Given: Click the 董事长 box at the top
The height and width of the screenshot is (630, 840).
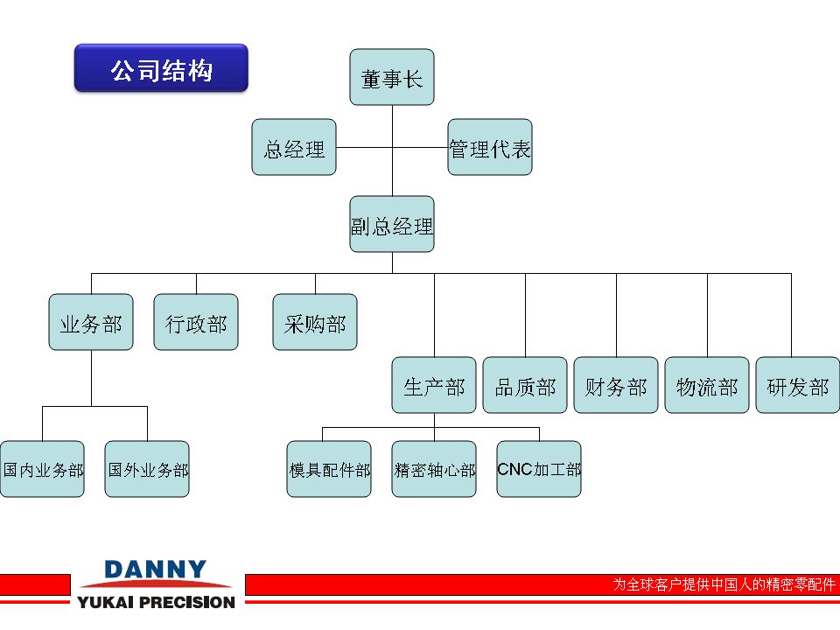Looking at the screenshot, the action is coord(392,77).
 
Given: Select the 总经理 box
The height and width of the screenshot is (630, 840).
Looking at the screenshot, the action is coord(294,147).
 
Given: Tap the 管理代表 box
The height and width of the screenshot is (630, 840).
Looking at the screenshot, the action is coord(490,147).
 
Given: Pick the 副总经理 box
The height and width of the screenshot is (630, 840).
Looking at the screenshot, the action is coord(392,224).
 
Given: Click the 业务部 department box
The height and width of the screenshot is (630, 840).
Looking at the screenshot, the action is coord(91,322).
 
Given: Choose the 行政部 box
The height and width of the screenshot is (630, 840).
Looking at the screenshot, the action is coord(196,322).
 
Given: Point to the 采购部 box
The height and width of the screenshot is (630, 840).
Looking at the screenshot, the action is coord(315,322).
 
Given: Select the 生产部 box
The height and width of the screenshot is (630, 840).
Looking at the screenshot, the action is coord(434,385).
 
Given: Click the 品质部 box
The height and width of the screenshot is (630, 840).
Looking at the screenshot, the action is coord(525,385).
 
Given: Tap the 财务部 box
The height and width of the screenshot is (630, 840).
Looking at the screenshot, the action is coord(616,385).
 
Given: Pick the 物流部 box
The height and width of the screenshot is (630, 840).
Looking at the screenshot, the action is coord(707,385).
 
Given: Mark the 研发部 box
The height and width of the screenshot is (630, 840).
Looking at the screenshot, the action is coord(798,385).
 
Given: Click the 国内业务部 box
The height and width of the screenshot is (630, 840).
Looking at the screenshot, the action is coord(42,469).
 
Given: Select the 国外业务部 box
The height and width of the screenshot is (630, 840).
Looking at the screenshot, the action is coord(147,469).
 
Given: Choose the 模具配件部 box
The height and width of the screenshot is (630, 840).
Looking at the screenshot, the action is coord(329,469).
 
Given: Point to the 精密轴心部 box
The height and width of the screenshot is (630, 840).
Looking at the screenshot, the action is coord(434,469).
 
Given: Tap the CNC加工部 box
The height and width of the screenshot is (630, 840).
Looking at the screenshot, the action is coord(539,469).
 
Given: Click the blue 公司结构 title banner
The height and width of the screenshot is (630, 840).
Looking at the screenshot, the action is coord(161,68).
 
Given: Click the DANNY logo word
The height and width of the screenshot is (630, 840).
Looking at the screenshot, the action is coord(156,570).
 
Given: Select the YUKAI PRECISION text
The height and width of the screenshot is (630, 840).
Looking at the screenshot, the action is coord(157,602).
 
